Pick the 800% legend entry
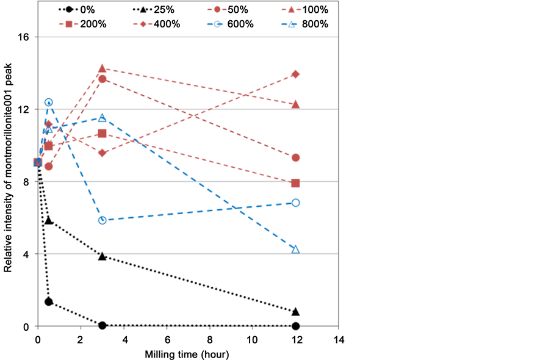point(309,24)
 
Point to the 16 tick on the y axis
point(27,37)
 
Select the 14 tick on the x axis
point(339,339)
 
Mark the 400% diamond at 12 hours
point(295,74)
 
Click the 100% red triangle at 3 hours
point(102,68)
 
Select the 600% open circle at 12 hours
point(295,203)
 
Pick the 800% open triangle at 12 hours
point(295,250)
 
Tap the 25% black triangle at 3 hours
point(102,256)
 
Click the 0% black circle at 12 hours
point(295,326)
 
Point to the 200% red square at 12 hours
point(295,183)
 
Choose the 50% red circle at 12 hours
point(295,157)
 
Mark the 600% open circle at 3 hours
point(102,220)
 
